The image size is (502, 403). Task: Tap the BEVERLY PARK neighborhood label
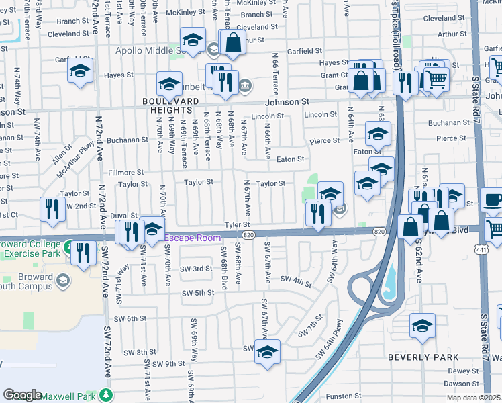coord(423,357)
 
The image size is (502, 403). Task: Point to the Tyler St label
coord(237,225)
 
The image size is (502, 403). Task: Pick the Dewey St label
coord(462,371)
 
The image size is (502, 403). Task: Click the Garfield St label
coord(305,51)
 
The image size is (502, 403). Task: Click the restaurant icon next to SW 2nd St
coord(52,210)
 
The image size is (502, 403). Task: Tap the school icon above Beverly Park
coord(422,326)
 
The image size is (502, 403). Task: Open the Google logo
coord(22,396)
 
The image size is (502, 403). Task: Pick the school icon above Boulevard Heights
coord(170,84)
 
